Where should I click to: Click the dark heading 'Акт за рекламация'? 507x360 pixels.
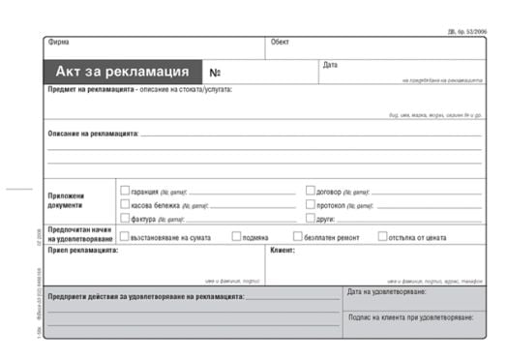pos(121,72)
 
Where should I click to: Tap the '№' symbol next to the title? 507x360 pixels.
pos(215,73)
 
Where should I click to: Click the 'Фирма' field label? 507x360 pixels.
pos(58,44)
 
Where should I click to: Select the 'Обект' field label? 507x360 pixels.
pos(280,44)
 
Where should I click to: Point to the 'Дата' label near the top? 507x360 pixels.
pos(330,65)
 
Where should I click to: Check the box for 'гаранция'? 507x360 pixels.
pos(125,191)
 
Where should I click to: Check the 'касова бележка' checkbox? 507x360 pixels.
pos(125,205)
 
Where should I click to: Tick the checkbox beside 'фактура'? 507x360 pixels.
pos(125,219)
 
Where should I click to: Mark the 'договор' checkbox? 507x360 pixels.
pos(310,191)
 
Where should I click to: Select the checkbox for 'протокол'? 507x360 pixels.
pos(310,205)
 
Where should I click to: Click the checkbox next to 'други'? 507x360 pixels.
pos(310,219)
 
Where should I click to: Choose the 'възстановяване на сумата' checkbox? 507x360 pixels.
pos(125,236)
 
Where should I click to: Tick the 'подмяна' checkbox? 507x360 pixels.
pos(236,236)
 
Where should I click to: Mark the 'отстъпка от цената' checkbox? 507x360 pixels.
pos(382,236)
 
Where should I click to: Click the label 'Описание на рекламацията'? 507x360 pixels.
pos(93,133)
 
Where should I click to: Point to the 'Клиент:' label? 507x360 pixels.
pos(283,250)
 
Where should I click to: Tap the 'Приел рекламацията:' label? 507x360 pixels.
pos(83,250)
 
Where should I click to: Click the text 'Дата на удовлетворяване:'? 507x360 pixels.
pos(386,291)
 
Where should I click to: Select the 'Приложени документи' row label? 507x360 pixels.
pos(67,200)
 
